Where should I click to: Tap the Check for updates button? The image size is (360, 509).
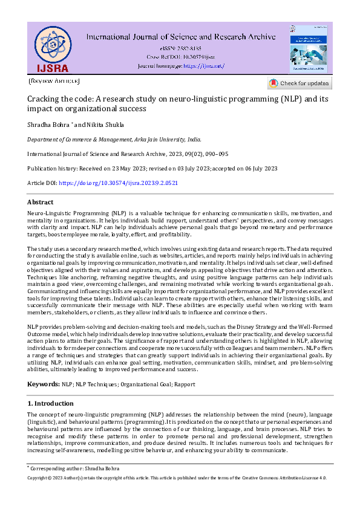point(299,83)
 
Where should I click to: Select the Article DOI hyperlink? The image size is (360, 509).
point(120,183)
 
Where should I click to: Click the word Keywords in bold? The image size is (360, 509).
point(43,384)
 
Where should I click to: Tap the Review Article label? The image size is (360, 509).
point(54,80)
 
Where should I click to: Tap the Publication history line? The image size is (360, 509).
point(152,168)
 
